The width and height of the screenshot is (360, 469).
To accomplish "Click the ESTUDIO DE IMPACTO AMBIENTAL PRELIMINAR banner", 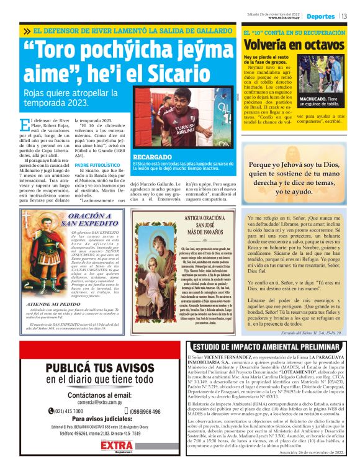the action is tap(268, 347).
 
